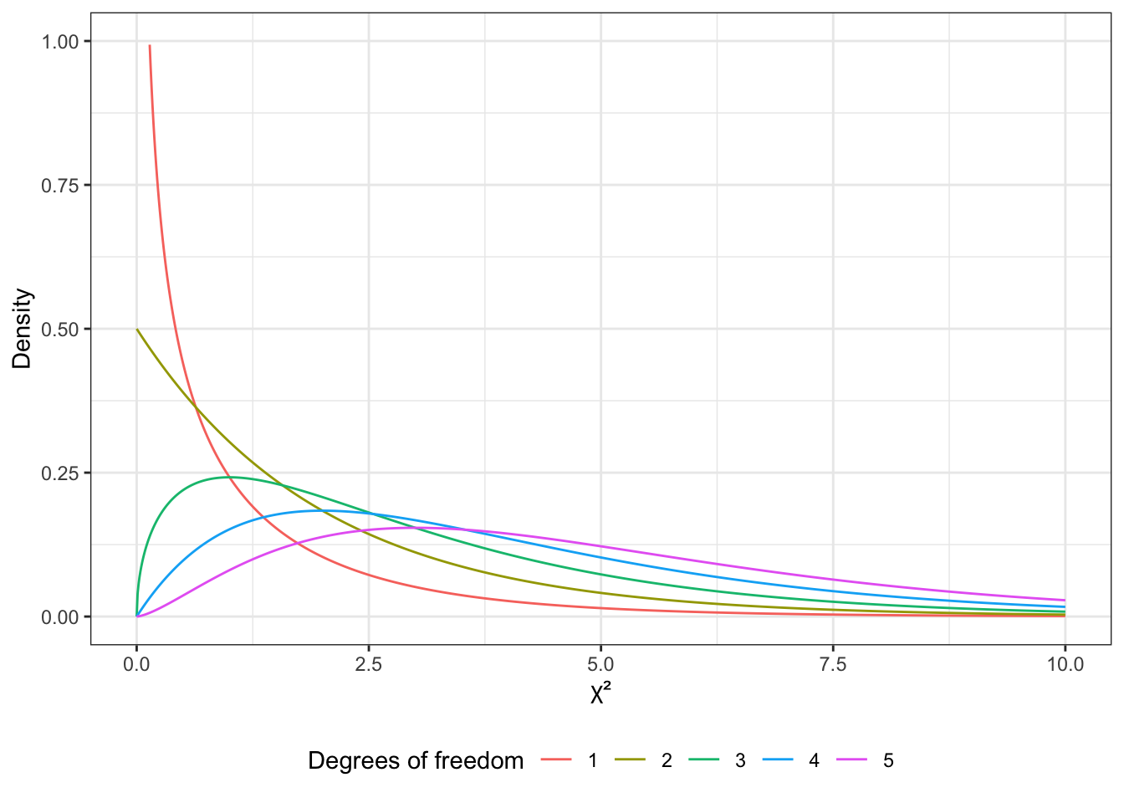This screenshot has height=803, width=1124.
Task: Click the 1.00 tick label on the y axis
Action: coord(60,41)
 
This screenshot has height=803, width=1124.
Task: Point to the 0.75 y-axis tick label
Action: coord(60,185)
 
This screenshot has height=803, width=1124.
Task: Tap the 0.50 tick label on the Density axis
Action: coord(60,329)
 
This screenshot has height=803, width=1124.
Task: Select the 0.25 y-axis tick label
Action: coord(60,473)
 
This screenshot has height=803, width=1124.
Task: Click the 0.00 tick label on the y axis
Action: coord(60,616)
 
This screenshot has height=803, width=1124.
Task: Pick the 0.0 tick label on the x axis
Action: coord(136,665)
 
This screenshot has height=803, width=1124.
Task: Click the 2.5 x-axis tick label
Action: coord(369,665)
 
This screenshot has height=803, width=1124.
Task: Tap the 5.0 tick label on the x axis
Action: coord(600,665)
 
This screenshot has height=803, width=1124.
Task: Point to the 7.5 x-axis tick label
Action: coord(833,665)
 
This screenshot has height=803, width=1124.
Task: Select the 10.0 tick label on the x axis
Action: coord(1065,665)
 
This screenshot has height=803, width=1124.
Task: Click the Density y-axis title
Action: coord(23,329)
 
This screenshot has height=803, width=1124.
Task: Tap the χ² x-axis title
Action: coord(600,694)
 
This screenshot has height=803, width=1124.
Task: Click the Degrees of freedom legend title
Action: coord(416,760)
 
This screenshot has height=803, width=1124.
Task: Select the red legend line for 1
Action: coord(556,760)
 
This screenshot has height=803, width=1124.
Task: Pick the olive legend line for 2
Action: coord(630,760)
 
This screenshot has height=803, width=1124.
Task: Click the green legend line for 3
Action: coord(703,760)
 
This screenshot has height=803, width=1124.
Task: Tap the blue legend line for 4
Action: coord(777,760)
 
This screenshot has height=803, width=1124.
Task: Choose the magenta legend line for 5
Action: coord(851,760)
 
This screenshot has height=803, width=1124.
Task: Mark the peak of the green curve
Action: coord(229,477)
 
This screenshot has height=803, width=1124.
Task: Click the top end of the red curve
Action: coord(150,46)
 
